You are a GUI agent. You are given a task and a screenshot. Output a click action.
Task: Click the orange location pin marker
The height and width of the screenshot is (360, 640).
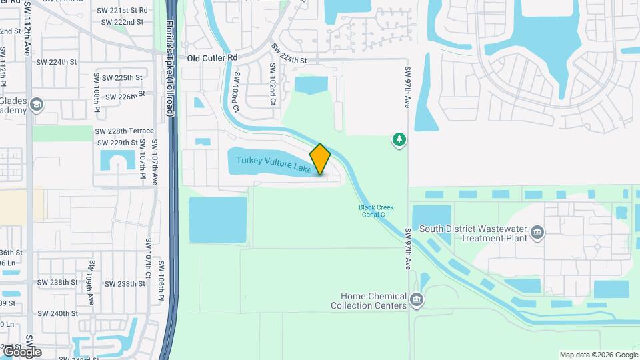(320, 159)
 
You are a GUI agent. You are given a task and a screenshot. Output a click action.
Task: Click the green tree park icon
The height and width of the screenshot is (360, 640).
(399, 140)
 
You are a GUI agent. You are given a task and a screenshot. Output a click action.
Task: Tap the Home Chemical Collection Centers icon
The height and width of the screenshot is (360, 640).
(417, 301)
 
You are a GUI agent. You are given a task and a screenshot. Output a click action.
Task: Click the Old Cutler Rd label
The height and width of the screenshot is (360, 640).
(212, 58)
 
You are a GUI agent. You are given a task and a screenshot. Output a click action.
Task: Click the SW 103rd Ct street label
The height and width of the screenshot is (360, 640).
(235, 99)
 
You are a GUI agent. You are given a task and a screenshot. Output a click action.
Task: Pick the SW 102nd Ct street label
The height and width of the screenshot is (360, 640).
(273, 85)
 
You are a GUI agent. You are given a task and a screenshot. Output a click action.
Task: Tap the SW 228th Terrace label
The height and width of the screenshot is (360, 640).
(125, 131)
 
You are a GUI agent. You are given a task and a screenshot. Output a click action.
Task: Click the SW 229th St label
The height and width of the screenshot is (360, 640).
(117, 143)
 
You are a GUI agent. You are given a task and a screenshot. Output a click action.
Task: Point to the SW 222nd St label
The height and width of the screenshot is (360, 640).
(122, 22)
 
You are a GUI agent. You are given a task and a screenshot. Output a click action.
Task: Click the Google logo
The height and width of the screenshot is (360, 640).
(21, 351)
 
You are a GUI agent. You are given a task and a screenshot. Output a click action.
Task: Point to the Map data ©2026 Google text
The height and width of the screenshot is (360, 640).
(599, 355)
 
